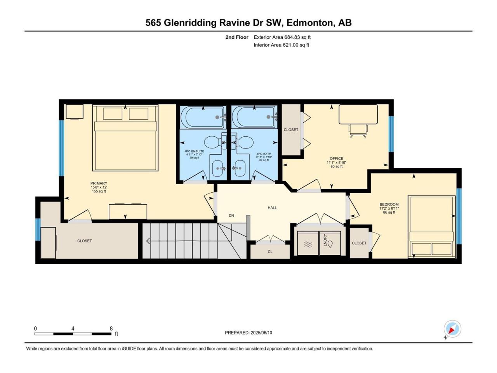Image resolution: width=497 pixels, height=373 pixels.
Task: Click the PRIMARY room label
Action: tap(99, 183)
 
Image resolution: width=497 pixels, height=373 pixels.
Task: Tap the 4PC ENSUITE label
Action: tap(194, 151)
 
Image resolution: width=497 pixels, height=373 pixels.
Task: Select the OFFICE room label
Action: tap(336, 159)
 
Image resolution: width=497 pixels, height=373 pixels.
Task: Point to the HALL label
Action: tap(272, 207)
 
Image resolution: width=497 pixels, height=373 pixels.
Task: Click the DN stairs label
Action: tap(231, 216)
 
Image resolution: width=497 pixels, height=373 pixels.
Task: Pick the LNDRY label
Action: tap(325, 240)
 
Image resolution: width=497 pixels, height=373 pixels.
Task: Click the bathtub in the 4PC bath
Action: tap(254, 117)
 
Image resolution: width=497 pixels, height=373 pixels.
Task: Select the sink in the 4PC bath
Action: tap(240, 169)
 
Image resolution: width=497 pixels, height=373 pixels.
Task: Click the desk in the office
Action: tap(358, 114)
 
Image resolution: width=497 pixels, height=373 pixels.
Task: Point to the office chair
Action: tap(358, 131)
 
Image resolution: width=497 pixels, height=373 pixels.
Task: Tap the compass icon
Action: tap(452, 329)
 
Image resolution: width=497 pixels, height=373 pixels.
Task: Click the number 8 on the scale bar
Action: tap(111, 328)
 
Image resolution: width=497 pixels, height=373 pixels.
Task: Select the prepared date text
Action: tap(248, 333)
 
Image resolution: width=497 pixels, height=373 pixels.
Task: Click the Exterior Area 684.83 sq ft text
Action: tap(282, 37)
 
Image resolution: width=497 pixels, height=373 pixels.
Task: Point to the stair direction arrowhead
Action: tap(148, 241)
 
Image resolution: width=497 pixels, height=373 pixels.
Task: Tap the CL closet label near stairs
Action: tap(270, 252)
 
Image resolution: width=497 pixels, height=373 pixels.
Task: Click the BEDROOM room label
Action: tap(389, 204)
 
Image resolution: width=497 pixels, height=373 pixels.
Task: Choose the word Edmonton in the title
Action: tap(311, 23)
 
